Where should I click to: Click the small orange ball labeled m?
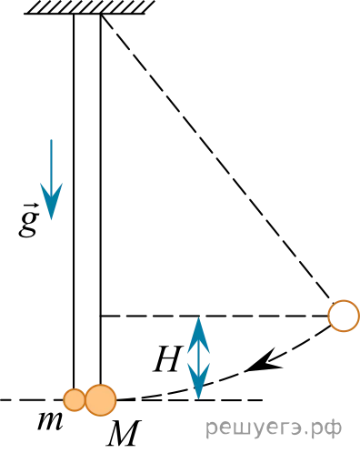tap(74, 400)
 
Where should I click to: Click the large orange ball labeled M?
tap(101, 400)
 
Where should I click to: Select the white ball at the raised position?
tap(344, 316)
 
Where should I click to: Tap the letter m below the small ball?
tap(50, 421)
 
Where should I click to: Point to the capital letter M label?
tap(124, 434)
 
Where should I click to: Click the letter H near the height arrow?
tap(167, 358)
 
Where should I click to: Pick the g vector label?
tap(29, 223)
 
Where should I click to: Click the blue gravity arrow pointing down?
tap(51, 179)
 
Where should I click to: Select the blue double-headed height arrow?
tap(198, 357)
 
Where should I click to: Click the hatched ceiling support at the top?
tap(90, 7)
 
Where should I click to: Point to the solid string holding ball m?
tap(74, 201)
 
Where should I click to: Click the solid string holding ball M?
tap(100, 199)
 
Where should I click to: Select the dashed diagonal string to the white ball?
tap(215, 156)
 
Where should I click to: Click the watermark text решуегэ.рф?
tap(274, 428)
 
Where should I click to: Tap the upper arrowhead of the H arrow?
tap(198, 334)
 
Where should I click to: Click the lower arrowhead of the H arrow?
tap(198, 381)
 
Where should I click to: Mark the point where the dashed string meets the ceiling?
tap(101, 15)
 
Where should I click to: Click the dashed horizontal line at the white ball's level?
tap(215, 316)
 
